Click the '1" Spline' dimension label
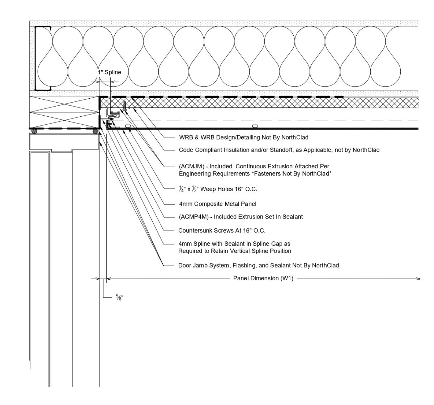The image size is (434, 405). pyautogui.click(x=109, y=72)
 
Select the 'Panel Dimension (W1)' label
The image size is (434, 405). pyautogui.click(x=263, y=279)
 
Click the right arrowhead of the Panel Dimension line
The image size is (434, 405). pyautogui.click(x=418, y=279)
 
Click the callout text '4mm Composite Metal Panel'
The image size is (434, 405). pyautogui.click(x=217, y=204)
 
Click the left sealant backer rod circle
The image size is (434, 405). pyautogui.click(x=34, y=131)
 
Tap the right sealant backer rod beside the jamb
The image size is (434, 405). pyautogui.click(x=95, y=131)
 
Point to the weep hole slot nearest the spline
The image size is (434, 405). pyautogui.click(x=128, y=126)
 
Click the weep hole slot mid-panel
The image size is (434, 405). pyautogui.click(x=255, y=126)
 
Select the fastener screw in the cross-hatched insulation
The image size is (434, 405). pyautogui.click(x=124, y=106)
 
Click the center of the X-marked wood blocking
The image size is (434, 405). pyautogui.click(x=64, y=112)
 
